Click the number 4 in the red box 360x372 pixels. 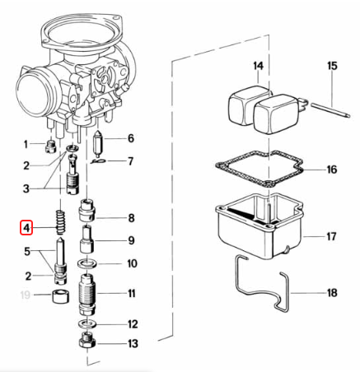[26, 227]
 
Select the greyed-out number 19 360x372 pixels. [26, 294]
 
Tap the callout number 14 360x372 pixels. [259, 65]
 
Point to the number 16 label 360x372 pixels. [331, 170]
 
